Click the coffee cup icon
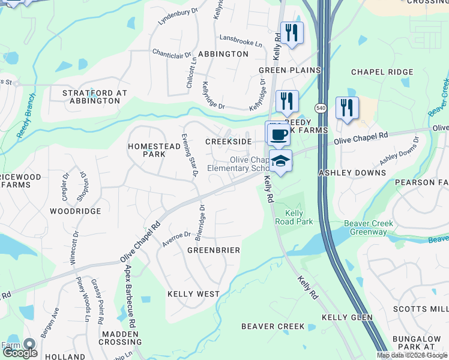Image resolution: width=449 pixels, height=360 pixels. (x=277, y=134)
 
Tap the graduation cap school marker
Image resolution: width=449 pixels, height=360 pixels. (x=280, y=161)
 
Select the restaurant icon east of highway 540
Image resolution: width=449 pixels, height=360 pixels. (x=347, y=109)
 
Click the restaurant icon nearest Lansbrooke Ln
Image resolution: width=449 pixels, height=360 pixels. (x=292, y=34)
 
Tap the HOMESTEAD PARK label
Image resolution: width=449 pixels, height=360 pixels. (x=146, y=150)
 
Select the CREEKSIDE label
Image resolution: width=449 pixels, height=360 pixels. (x=228, y=142)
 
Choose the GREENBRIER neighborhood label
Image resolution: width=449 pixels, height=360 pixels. (x=214, y=250)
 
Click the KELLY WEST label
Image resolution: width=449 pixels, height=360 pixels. (x=193, y=294)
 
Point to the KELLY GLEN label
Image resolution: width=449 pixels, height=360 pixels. (x=347, y=317)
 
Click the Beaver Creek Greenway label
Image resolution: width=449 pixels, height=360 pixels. (x=369, y=227)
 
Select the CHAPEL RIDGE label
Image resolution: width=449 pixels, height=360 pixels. (x=382, y=72)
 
